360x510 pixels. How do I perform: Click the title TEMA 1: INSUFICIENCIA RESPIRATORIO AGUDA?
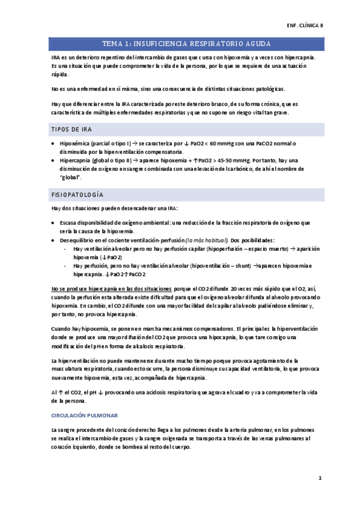[x=186, y=45]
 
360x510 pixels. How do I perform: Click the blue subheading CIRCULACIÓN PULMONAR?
[x=84, y=415]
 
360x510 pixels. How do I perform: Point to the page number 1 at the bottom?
[x=320, y=479]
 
